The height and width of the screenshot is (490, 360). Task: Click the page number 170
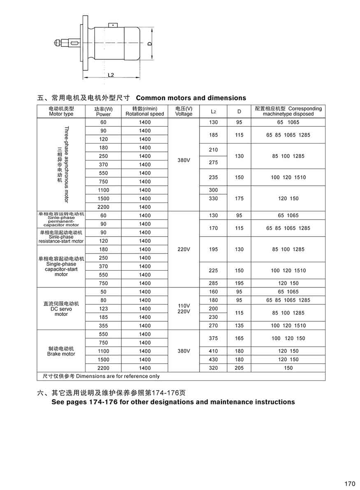pyautogui.click(x=349, y=483)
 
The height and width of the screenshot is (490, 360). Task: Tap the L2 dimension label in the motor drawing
pyautogui.click(x=110, y=75)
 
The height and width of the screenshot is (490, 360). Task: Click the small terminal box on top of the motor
pyautogui.click(x=113, y=25)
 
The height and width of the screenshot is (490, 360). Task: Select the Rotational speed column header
pyautogui.click(x=145, y=111)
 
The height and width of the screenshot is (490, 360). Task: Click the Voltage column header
pyautogui.click(x=183, y=111)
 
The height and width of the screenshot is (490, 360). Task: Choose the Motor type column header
pyautogui.click(x=61, y=111)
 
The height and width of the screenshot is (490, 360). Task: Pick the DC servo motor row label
pyautogui.click(x=61, y=309)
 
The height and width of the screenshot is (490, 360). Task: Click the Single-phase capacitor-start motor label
pyautogui.click(x=61, y=266)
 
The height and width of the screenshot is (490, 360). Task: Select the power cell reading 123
pyautogui.click(x=103, y=309)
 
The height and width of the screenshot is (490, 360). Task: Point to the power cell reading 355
pyautogui.click(x=103, y=325)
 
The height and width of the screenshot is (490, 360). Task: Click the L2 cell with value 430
pyautogui.click(x=214, y=360)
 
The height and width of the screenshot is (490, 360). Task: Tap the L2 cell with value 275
pyautogui.click(x=214, y=163)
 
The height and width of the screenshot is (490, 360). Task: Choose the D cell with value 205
pyautogui.click(x=239, y=368)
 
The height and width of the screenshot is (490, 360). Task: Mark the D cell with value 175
pyautogui.click(x=239, y=198)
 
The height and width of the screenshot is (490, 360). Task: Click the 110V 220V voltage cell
pyautogui.click(x=183, y=309)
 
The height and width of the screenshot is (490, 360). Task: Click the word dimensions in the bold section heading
pyautogui.click(x=226, y=98)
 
